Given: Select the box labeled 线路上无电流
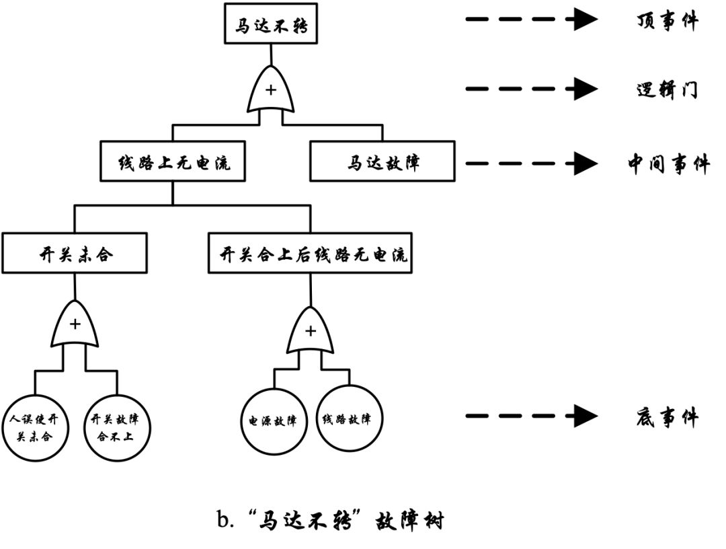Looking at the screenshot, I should (173, 161).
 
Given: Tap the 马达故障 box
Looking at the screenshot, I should (382, 161).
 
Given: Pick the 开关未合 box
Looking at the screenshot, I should (74, 253).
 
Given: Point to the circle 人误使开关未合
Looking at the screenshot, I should (35, 427).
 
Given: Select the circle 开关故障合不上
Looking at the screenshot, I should (119, 427).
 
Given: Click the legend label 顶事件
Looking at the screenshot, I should (667, 21).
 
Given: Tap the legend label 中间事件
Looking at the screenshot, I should (668, 163).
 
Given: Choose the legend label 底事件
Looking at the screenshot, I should (667, 418).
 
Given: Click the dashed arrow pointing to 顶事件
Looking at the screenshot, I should (531, 20).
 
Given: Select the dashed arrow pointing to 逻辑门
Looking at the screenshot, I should (531, 88).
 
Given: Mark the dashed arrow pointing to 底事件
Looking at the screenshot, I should (531, 416).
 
